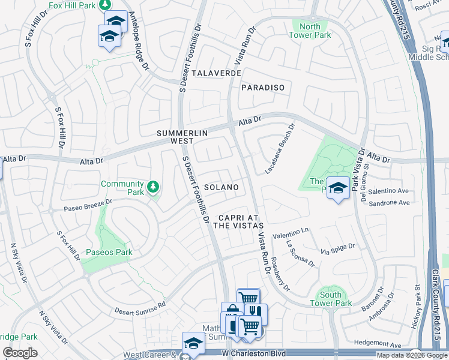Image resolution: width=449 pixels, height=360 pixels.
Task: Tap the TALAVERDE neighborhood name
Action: coord(217,73)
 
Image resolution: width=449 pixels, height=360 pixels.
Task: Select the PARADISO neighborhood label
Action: coord(262,88)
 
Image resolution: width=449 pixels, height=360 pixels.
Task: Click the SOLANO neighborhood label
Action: coord(221,187)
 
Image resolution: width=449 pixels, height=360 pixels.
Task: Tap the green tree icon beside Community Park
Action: coord(154,187)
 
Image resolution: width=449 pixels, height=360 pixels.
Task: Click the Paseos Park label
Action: coord(109,252)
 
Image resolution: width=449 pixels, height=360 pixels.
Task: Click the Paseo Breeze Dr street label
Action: coord(88,206)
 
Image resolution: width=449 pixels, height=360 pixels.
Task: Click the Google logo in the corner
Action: coord(20,352)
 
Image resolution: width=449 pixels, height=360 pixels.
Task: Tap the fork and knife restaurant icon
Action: coord(256,311)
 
